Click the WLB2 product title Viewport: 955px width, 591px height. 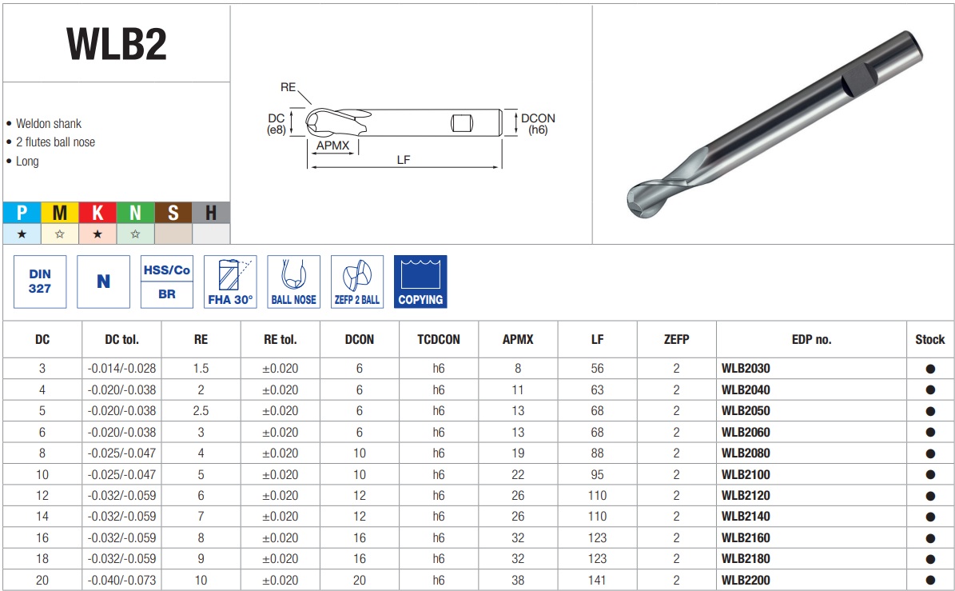point(117,44)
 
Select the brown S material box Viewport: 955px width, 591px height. point(173,213)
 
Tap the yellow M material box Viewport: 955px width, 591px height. point(60,213)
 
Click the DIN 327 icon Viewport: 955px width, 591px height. point(40,282)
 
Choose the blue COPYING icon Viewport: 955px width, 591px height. point(420,282)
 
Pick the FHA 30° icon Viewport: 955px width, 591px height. point(230,282)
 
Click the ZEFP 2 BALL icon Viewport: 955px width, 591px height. point(357,282)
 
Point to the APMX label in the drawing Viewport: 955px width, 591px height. point(332,146)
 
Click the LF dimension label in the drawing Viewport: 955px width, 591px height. point(404,160)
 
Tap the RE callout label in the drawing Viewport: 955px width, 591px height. point(288,87)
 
